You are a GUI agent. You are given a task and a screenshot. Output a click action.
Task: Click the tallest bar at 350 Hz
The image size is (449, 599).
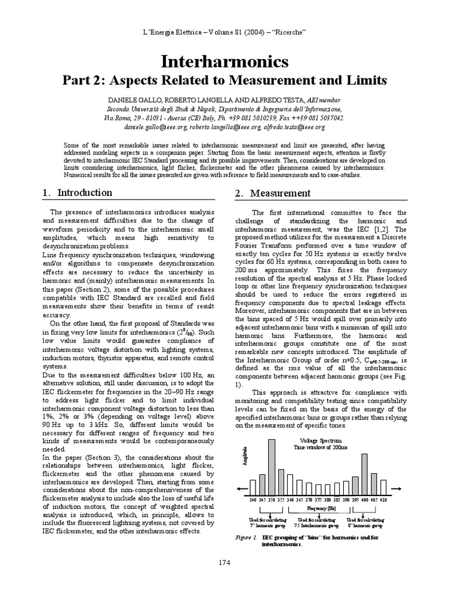click(271, 467)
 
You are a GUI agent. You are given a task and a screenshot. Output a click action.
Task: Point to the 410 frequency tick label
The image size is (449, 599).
click(383, 500)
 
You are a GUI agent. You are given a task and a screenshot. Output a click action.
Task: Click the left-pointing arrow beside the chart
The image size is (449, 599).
click(241, 488)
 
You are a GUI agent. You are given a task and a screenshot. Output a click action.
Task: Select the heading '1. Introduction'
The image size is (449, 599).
click(78, 193)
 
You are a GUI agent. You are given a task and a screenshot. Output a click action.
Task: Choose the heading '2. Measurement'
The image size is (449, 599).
click(272, 193)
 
